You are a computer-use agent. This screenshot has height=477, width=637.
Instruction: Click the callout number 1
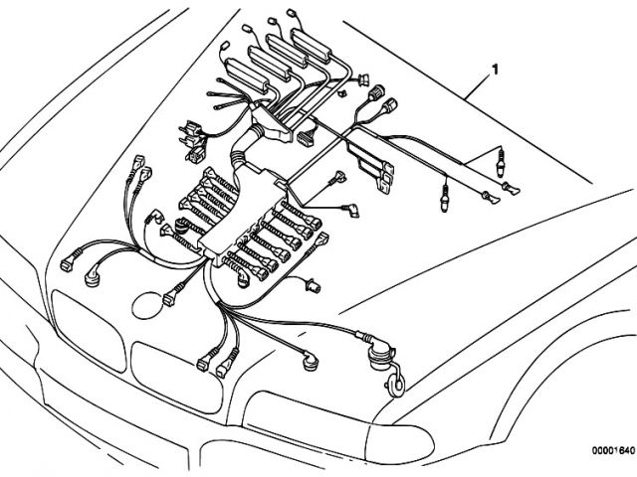494,70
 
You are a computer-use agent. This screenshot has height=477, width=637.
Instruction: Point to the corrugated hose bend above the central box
239,159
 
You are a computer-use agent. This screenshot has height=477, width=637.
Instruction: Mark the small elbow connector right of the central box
351,212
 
